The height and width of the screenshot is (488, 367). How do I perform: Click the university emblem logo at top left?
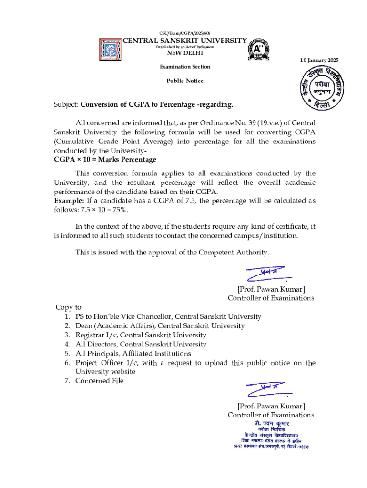coord(111,49)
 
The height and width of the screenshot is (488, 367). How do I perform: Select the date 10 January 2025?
coord(319,60)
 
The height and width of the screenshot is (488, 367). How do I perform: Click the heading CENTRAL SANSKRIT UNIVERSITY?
coord(185,41)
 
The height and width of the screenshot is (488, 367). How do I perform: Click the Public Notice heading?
coord(184,81)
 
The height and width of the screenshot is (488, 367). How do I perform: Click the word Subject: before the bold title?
coord(66,104)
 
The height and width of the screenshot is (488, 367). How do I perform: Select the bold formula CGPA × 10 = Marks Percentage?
coord(105,159)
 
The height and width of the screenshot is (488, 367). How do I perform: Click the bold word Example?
coord(69,201)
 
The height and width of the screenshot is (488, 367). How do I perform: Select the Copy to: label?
coord(70,307)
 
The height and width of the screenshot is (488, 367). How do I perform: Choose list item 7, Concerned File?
coord(99,380)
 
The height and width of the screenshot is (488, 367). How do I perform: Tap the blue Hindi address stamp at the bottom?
coord(271,436)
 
